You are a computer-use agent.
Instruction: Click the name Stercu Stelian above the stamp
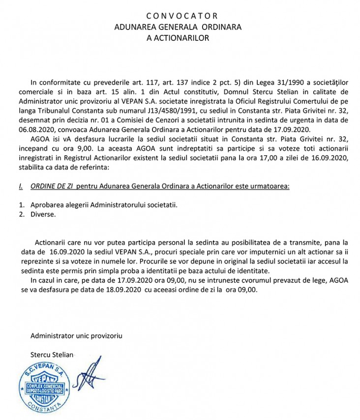[x=51, y=354]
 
